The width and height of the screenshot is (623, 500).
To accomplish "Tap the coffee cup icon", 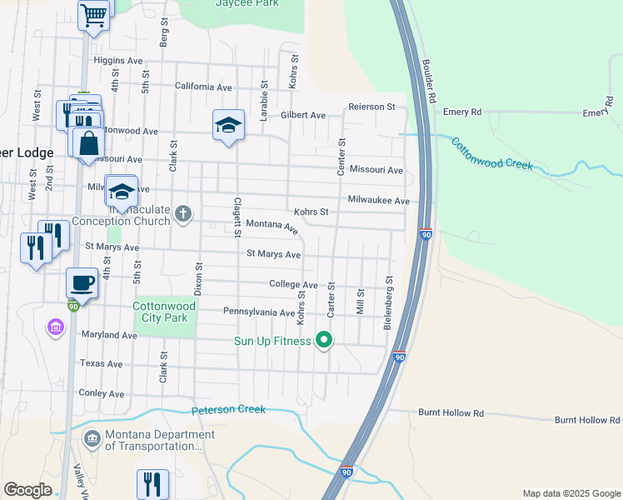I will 82,282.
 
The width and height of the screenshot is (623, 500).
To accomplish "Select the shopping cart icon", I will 94,14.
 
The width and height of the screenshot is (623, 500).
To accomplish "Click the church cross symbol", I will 183,215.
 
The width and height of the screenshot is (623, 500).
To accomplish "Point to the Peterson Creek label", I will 228,409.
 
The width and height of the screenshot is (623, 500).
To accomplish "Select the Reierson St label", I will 371,107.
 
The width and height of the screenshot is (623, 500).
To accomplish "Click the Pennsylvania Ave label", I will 259,312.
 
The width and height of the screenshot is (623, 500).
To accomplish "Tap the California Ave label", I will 203,87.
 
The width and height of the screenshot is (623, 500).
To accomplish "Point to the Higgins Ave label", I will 119,61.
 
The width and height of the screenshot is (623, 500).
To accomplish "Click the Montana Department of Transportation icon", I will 92,437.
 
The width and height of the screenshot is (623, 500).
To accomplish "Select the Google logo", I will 27,490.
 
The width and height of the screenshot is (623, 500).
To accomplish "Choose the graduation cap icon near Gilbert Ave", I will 228,125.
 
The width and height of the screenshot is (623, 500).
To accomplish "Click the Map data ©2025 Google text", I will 571,493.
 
